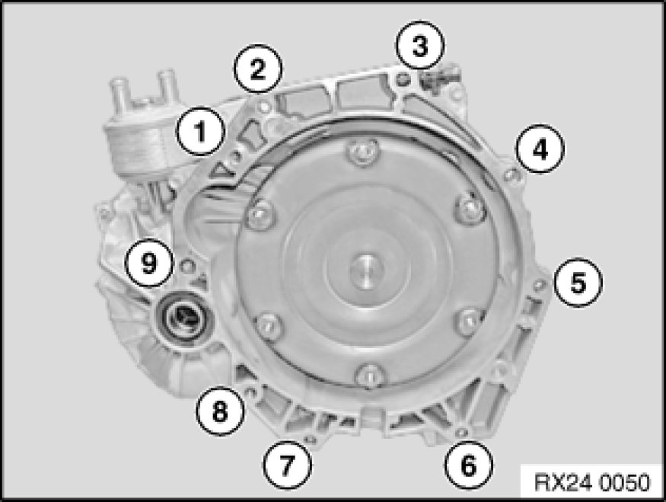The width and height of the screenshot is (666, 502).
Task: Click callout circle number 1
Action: (x=200, y=131)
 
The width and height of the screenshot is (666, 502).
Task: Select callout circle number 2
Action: (x=258, y=69)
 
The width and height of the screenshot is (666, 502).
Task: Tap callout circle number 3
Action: (x=420, y=45)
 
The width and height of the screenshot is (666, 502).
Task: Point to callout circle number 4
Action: (x=540, y=149)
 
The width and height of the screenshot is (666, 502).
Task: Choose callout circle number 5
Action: (x=578, y=282)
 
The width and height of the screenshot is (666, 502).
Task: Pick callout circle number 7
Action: (x=288, y=465)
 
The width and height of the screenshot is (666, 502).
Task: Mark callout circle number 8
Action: (x=220, y=411)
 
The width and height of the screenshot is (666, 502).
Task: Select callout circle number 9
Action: (x=149, y=262)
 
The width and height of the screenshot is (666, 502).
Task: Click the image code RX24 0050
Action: (x=591, y=482)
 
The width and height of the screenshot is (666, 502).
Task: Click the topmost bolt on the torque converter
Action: (x=362, y=152)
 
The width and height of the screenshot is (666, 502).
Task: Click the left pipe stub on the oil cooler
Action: (x=119, y=90)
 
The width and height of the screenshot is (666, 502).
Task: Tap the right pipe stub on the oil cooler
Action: (x=167, y=85)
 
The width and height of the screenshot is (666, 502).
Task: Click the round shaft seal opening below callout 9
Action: (x=182, y=317)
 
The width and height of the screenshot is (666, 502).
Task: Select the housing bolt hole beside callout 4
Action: (x=511, y=174)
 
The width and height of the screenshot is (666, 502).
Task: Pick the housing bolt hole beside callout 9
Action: (x=187, y=267)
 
